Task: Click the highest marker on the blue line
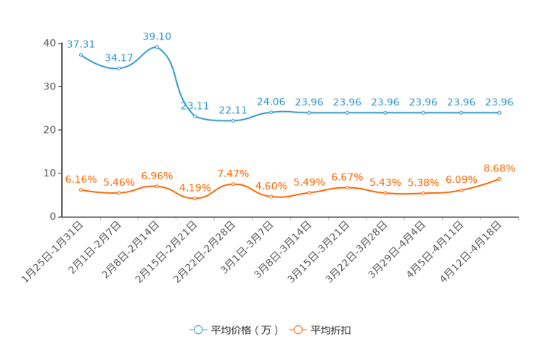157,46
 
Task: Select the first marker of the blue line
81,54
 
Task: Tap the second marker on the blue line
118,68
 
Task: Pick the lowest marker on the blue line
233,121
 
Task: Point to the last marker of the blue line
499,112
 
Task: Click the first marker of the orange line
81,189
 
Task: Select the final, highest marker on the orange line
499,178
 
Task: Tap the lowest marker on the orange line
195,198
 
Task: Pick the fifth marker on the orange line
233,184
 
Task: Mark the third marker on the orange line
157,187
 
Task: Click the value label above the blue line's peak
157,36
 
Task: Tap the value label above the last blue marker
499,102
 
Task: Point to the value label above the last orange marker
499,168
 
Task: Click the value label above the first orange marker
81,179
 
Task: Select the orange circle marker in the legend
297,330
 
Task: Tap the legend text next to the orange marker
332,330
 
